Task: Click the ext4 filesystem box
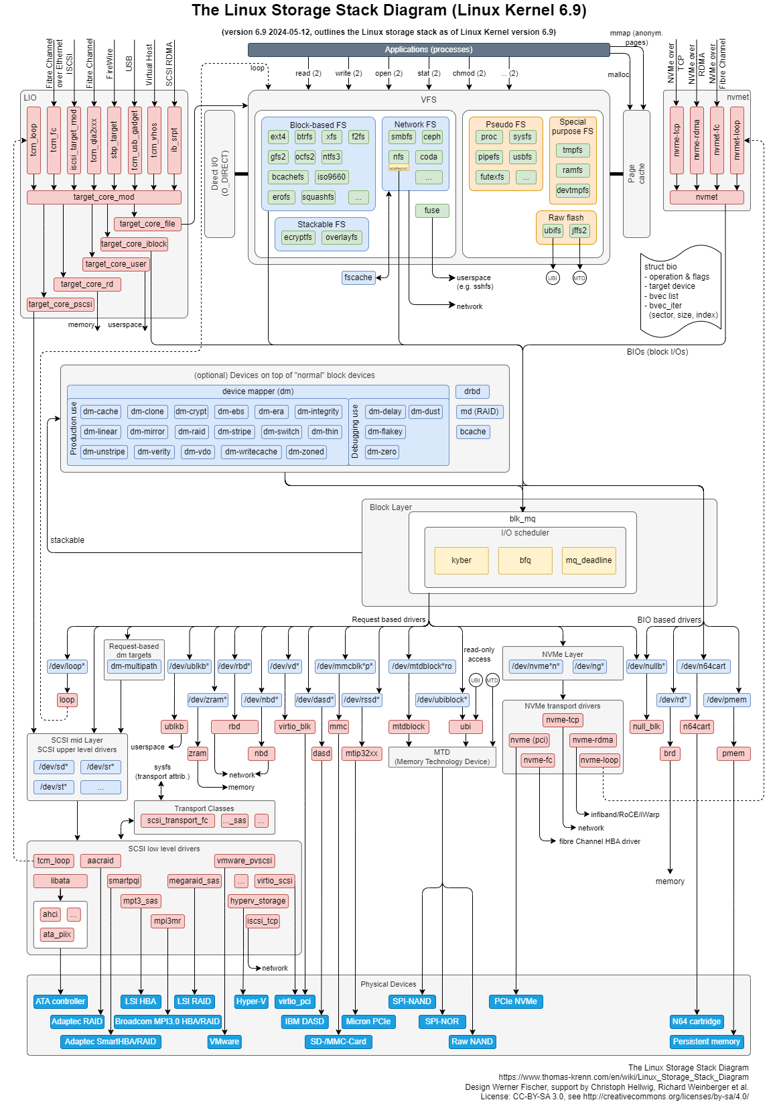(278, 137)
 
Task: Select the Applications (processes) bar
(429, 50)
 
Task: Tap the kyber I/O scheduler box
(462, 560)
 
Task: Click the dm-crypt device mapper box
(191, 412)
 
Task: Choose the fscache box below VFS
(358, 278)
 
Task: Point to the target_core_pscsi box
(60, 304)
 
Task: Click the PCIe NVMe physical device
(516, 1001)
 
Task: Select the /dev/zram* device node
(208, 700)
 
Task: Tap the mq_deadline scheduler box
(588, 560)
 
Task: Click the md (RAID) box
(480, 412)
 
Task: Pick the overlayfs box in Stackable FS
(342, 237)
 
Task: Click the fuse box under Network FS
(432, 210)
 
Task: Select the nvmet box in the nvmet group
(707, 197)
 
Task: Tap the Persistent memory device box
(707, 1042)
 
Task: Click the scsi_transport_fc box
(178, 820)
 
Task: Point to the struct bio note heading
(660, 267)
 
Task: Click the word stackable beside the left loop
(67, 540)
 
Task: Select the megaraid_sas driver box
(194, 881)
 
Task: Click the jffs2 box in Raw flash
(579, 231)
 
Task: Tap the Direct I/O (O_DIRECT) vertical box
(220, 174)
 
